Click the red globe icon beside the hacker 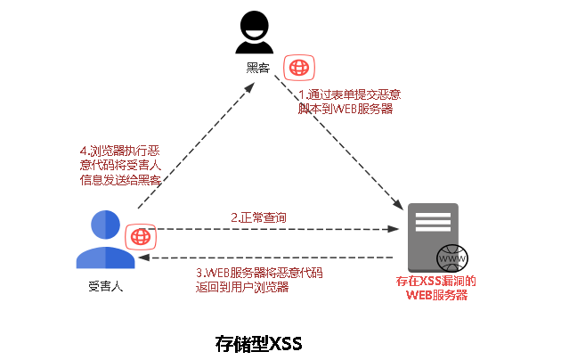pos(298,68)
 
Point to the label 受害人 pos(105,287)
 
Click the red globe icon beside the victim pos(140,236)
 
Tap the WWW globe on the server pos(452,258)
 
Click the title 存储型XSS pos(259,342)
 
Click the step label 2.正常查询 pos(258,217)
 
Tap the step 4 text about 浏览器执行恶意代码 pos(120,165)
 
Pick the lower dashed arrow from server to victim pos(267,258)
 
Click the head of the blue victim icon pos(105,224)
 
